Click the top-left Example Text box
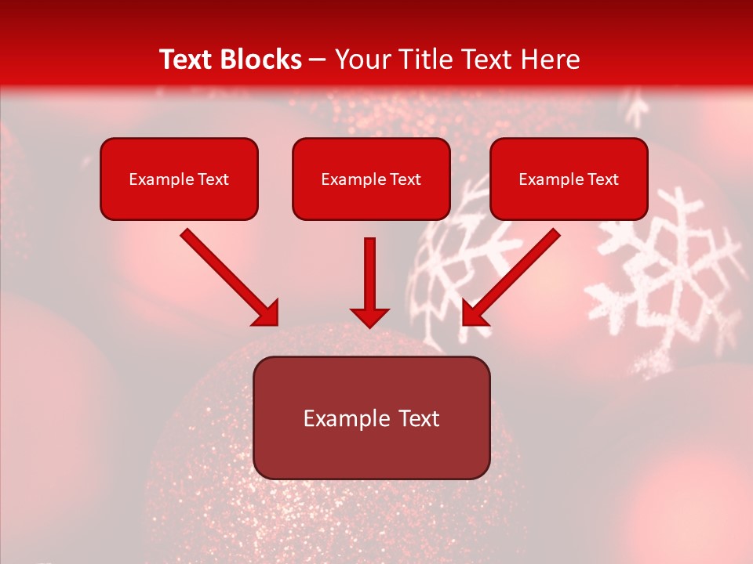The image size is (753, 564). (179, 179)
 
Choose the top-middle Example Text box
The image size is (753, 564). (371, 179)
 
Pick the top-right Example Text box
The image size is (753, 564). (569, 179)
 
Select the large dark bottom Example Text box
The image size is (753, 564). (371, 418)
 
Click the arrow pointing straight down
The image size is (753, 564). (369, 278)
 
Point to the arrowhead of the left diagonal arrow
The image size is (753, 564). (267, 314)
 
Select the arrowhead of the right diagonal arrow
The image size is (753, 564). (473, 314)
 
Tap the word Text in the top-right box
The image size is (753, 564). (603, 179)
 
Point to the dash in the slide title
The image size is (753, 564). (318, 60)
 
